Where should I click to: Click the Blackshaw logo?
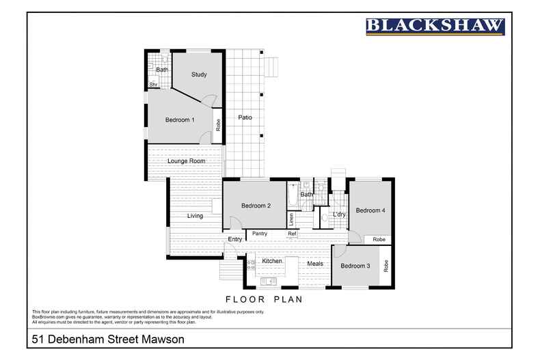[435, 26]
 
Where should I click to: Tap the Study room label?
[199, 74]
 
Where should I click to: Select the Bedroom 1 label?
[180, 120]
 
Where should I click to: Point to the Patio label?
[245, 117]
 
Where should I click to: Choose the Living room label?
[195, 216]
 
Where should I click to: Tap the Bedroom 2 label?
[256, 206]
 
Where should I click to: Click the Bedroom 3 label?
[355, 266]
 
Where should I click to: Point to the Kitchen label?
[271, 261]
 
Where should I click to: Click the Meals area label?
[315, 264]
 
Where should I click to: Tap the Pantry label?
[260, 234]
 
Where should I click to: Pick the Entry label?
[234, 239]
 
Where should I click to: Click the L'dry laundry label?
[339, 214]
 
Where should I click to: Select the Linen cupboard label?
[291, 219]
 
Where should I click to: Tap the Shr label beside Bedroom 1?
[154, 85]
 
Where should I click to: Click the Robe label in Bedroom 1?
[218, 125]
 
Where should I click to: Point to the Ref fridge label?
[292, 234]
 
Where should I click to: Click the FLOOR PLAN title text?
[264, 299]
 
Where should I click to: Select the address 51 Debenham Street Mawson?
[107, 339]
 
